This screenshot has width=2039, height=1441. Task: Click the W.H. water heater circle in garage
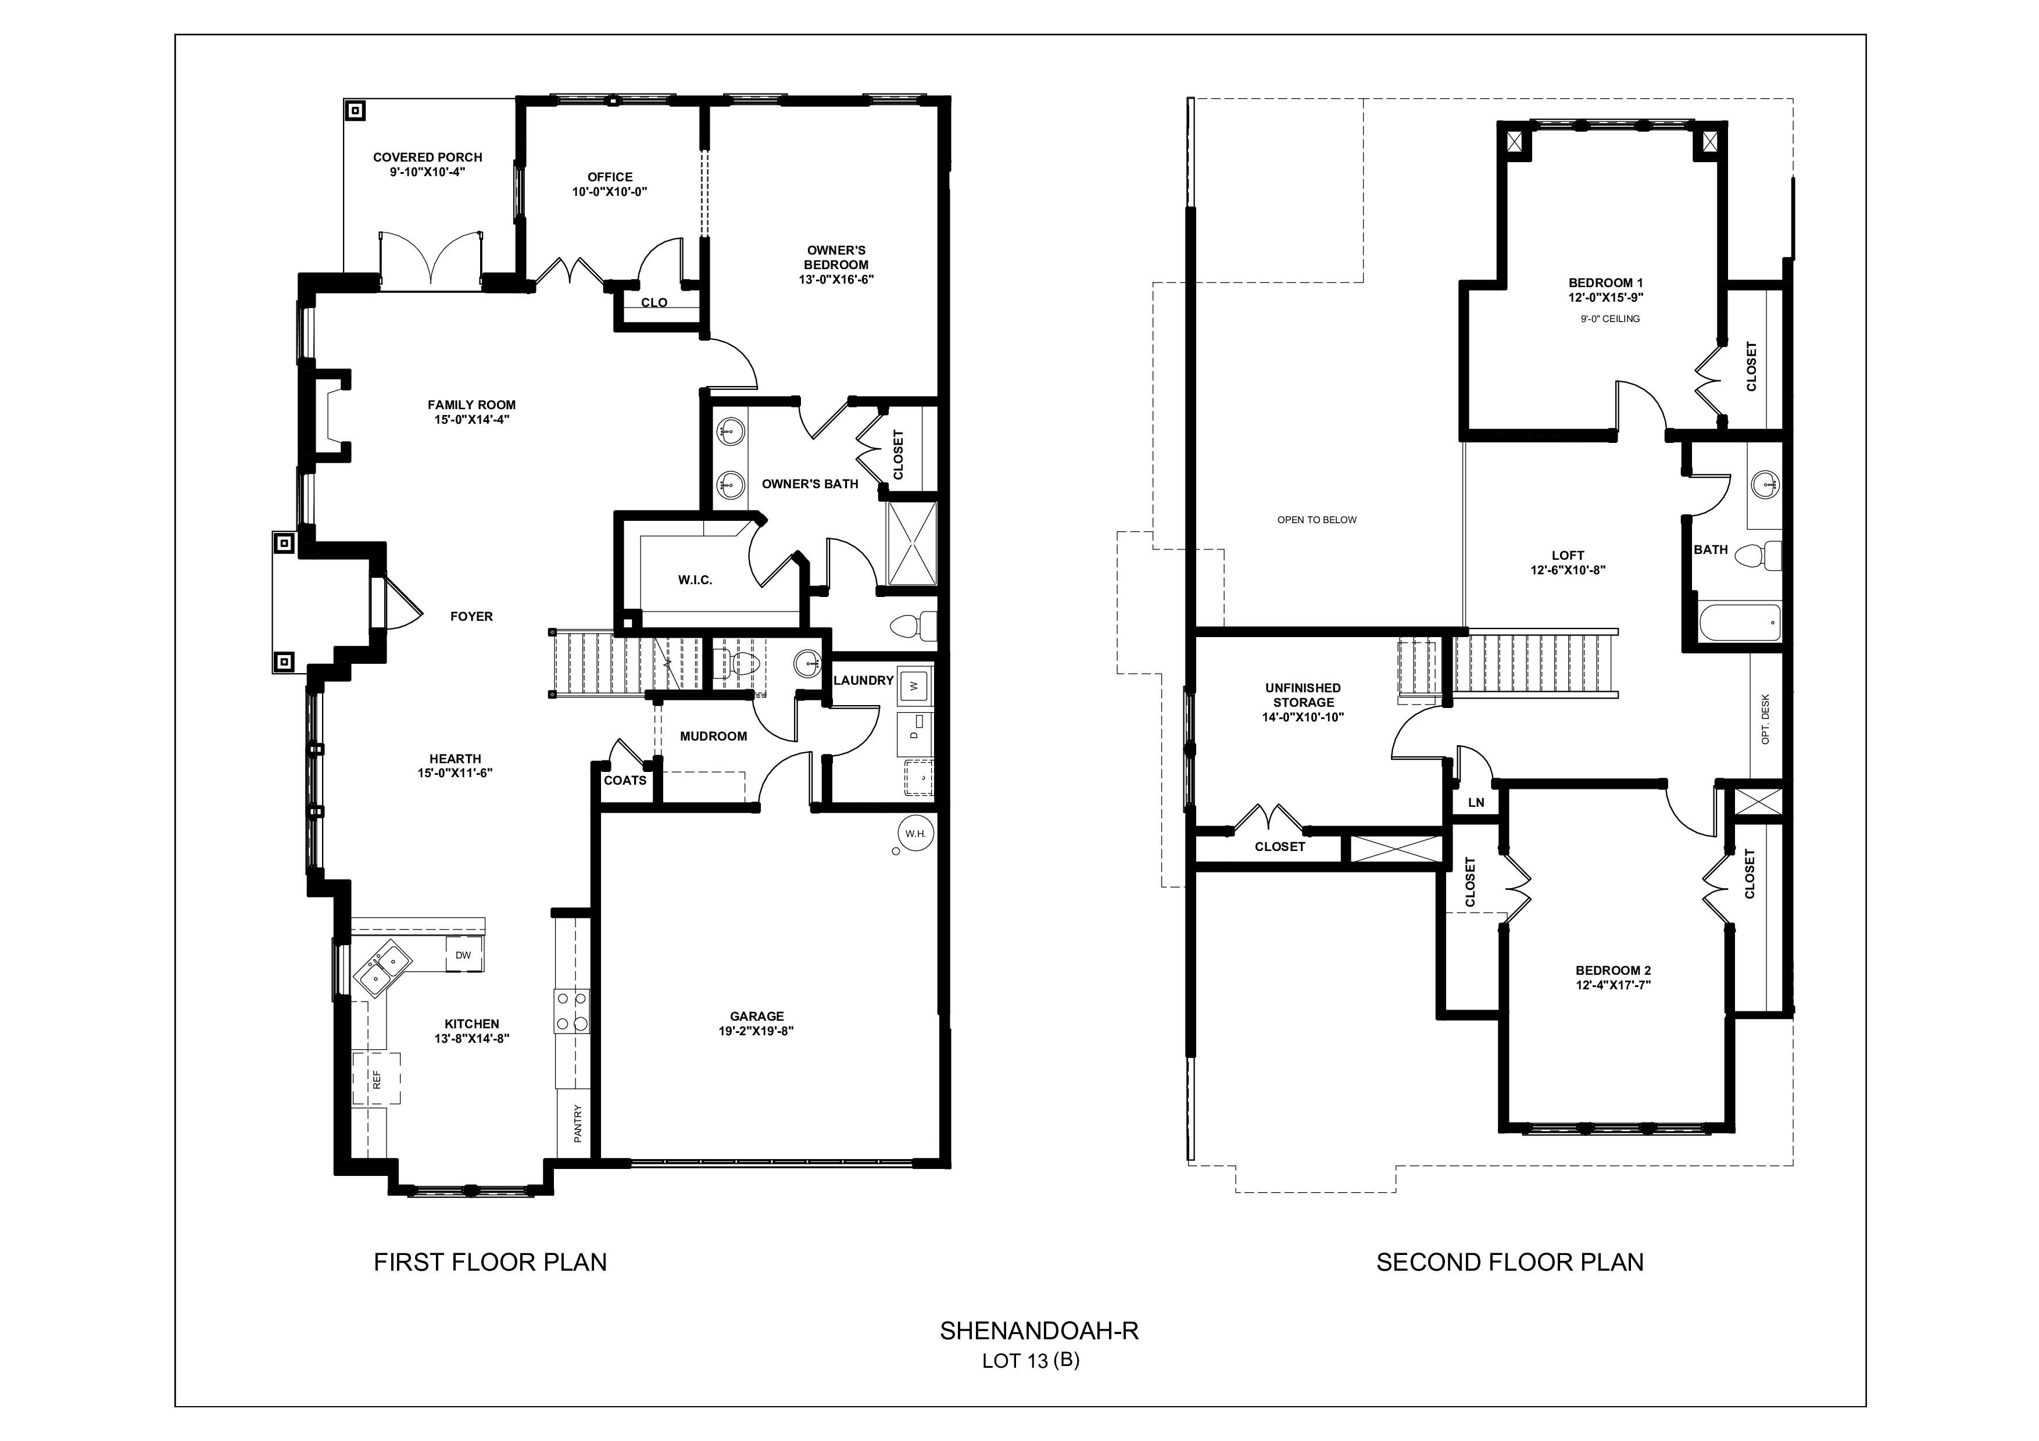pos(915,833)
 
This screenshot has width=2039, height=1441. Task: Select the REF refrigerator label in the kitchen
pos(377,1079)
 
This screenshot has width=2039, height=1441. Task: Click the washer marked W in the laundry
pos(914,685)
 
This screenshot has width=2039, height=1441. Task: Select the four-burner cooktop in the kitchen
pos(572,1011)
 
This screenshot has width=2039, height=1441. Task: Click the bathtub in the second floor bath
pos(1740,623)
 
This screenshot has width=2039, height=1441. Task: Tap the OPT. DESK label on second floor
pos(1765,718)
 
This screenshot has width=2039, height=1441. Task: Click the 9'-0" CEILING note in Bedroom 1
pos(1610,319)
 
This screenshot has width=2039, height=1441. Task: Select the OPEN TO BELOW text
pos(1316,520)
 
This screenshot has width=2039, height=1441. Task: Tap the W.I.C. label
pos(695,580)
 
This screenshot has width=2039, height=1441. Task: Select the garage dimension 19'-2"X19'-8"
pos(756,1031)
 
